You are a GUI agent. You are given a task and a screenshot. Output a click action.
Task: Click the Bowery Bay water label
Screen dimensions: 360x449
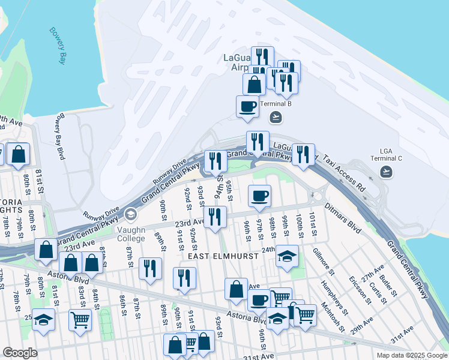[x=58, y=46]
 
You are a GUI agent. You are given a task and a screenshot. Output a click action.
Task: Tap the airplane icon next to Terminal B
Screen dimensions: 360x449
[x=276, y=116]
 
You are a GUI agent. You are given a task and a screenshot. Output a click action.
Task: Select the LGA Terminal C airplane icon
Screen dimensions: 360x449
[x=387, y=173]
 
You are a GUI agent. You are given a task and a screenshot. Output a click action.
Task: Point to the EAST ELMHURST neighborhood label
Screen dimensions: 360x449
[x=223, y=256]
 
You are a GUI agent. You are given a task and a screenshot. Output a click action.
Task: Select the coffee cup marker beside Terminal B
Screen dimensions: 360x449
[x=247, y=107]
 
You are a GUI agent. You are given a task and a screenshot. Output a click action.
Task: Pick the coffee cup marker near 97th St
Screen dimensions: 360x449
[x=259, y=196]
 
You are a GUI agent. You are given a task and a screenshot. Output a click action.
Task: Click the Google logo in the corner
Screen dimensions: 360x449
[x=20, y=352]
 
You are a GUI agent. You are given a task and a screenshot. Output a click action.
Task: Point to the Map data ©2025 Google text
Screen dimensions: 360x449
[x=412, y=355]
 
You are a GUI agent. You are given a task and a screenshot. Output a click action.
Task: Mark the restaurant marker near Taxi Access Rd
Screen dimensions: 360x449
[x=303, y=155]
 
